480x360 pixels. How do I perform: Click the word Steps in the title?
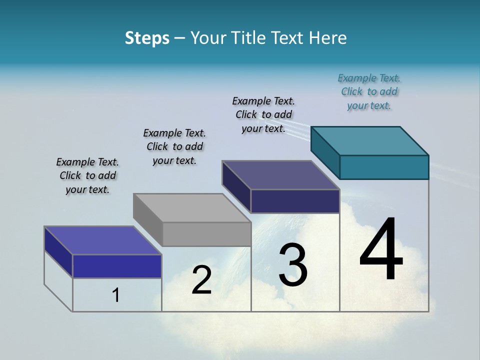[147, 38]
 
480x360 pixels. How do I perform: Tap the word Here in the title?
[327, 38]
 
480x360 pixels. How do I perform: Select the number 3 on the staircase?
[293, 265]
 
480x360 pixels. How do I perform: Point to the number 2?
[201, 280]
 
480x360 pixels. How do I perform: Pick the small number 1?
[116, 295]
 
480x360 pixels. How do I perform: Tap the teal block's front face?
[384, 167]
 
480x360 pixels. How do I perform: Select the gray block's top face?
[192, 207]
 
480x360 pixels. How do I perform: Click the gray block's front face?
[207, 234]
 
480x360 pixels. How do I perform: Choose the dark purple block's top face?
[281, 175]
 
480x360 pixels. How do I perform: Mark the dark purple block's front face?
[295, 201]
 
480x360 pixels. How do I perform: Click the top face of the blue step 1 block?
[103, 240]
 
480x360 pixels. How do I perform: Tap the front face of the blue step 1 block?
[117, 266]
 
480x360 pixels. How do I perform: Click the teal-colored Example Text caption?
[369, 92]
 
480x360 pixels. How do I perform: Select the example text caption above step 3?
[263, 114]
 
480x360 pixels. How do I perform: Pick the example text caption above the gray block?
[174, 146]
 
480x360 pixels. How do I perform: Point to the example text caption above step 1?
[87, 175]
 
